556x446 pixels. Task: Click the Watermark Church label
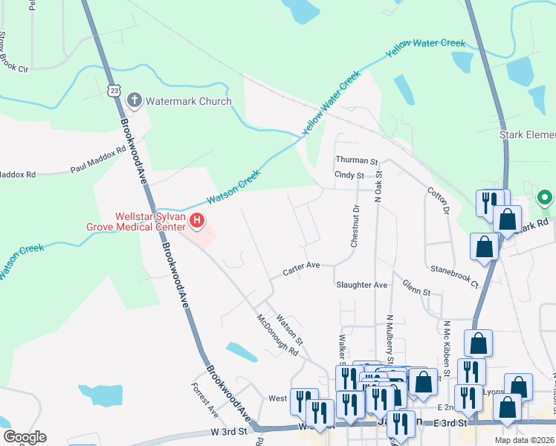click(189, 101)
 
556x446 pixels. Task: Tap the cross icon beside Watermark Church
click(135, 100)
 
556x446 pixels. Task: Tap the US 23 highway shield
click(113, 89)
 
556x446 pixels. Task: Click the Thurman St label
click(357, 161)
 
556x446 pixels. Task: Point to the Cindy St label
click(349, 175)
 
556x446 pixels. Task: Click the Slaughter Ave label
click(362, 285)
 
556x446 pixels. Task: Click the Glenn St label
click(416, 288)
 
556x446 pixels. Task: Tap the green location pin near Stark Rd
click(544, 198)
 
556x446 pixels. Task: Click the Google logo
click(25, 437)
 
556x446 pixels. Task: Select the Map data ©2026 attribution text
click(525, 440)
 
